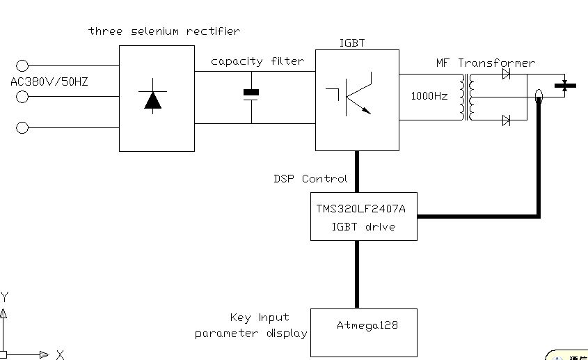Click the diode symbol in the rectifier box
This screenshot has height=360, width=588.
pyautogui.click(x=152, y=99)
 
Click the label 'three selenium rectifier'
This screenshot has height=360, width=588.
pyautogui.click(x=164, y=31)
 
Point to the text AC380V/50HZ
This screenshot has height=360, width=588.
pyautogui.click(x=49, y=82)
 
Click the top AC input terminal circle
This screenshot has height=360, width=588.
pyautogui.click(x=22, y=66)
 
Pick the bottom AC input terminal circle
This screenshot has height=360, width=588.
pyautogui.click(x=22, y=127)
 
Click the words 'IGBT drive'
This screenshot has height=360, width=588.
pyautogui.click(x=363, y=226)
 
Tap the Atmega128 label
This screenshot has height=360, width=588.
pyautogui.click(x=367, y=325)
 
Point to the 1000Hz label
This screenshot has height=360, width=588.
pyautogui.click(x=429, y=96)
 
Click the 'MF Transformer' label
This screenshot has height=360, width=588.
pyautogui.click(x=485, y=63)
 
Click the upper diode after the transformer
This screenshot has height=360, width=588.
pyautogui.click(x=506, y=74)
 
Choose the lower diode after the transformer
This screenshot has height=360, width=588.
pyautogui.click(x=506, y=120)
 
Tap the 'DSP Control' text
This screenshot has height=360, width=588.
pyautogui.click(x=310, y=179)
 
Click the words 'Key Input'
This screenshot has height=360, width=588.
pyautogui.click(x=260, y=318)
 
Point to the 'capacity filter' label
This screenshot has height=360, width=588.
pyautogui.click(x=257, y=61)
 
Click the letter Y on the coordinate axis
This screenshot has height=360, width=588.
pyautogui.click(x=5, y=297)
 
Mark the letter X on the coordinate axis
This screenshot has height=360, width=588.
pyautogui.click(x=60, y=354)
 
